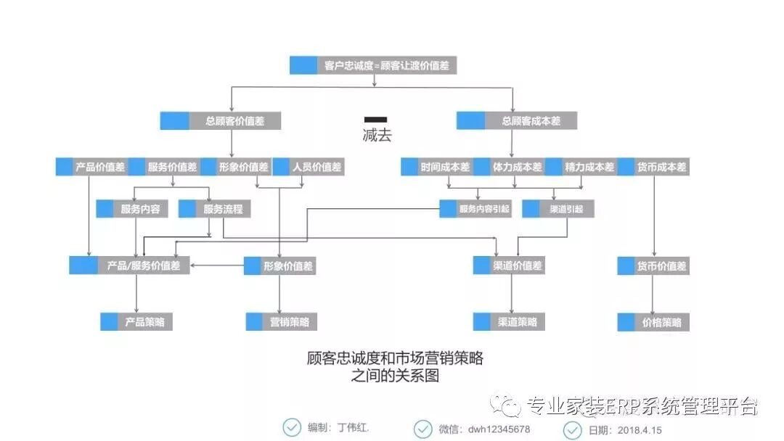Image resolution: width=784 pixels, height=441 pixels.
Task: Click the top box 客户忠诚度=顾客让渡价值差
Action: pos(374,65)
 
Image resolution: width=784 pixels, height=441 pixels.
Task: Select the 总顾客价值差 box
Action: pos(221,121)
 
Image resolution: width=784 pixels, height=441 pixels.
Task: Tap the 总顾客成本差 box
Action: pos(517,121)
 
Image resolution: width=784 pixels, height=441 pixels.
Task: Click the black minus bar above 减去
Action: pos(375,119)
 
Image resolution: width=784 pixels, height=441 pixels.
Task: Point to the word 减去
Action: pos(377,135)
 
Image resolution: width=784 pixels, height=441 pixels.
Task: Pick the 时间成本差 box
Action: pos(436,167)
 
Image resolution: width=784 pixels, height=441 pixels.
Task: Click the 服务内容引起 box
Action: pos(475,209)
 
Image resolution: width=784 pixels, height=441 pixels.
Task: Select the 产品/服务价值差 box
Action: pos(130,265)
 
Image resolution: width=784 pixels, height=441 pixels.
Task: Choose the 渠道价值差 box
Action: pos(508,265)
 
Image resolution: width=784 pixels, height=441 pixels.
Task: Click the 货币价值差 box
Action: pos(653,265)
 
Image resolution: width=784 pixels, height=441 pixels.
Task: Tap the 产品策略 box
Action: pos(136,321)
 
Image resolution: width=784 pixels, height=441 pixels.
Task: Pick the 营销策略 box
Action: pos(281,321)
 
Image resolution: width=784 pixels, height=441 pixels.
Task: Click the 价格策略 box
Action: pos(653,321)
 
